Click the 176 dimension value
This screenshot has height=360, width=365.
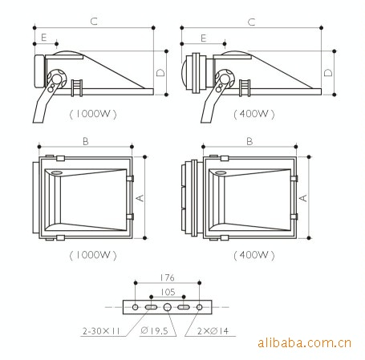pos(167,277)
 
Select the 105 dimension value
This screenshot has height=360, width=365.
pos(168,292)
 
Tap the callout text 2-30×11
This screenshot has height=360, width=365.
pos(101,331)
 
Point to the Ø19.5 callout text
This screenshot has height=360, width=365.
pos(154,331)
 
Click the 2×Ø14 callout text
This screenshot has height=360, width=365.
pos(213,331)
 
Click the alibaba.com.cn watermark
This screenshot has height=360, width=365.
pos(305,343)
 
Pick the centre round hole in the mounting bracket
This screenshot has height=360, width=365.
pos(168,307)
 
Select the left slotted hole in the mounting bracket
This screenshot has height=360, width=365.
pos(151,307)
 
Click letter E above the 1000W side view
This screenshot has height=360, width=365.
pos(44,38)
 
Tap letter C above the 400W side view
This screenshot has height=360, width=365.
pos(251,22)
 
